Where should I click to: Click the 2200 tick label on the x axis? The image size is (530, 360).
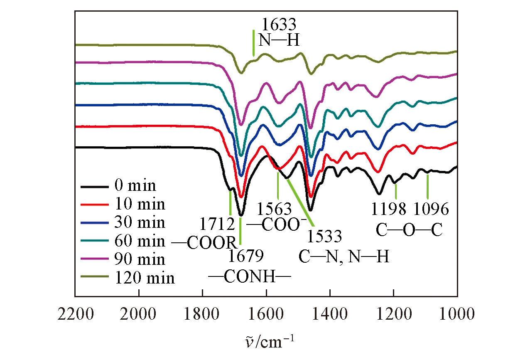click(75, 314)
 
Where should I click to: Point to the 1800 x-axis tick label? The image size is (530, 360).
click(203, 314)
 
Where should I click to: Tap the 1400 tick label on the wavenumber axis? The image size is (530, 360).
click(330, 314)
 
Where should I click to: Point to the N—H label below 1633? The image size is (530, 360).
click(278, 40)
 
